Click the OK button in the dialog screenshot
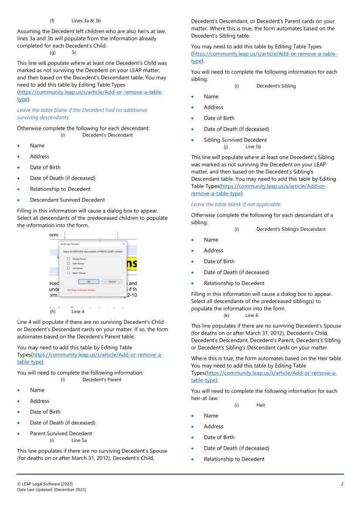tap(88, 281)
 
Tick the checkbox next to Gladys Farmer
tap(68, 259)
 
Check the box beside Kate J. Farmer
tap(68, 273)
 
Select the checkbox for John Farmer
tap(68, 263)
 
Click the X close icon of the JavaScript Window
tap(124, 244)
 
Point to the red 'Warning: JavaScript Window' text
tap(82, 290)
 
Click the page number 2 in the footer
tap(342, 484)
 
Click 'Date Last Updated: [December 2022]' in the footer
tap(51, 490)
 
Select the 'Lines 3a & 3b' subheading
tap(86, 20)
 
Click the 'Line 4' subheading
tap(78, 311)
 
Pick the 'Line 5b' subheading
tap(253, 147)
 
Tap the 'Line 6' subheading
tap(251, 315)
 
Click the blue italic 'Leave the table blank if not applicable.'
tap(236, 204)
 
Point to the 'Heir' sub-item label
tap(261, 405)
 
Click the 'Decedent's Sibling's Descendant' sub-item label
tap(291, 229)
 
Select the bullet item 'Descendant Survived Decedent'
tap(67, 200)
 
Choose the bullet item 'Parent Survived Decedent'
tap(61, 433)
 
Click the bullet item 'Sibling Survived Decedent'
tap(235, 140)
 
